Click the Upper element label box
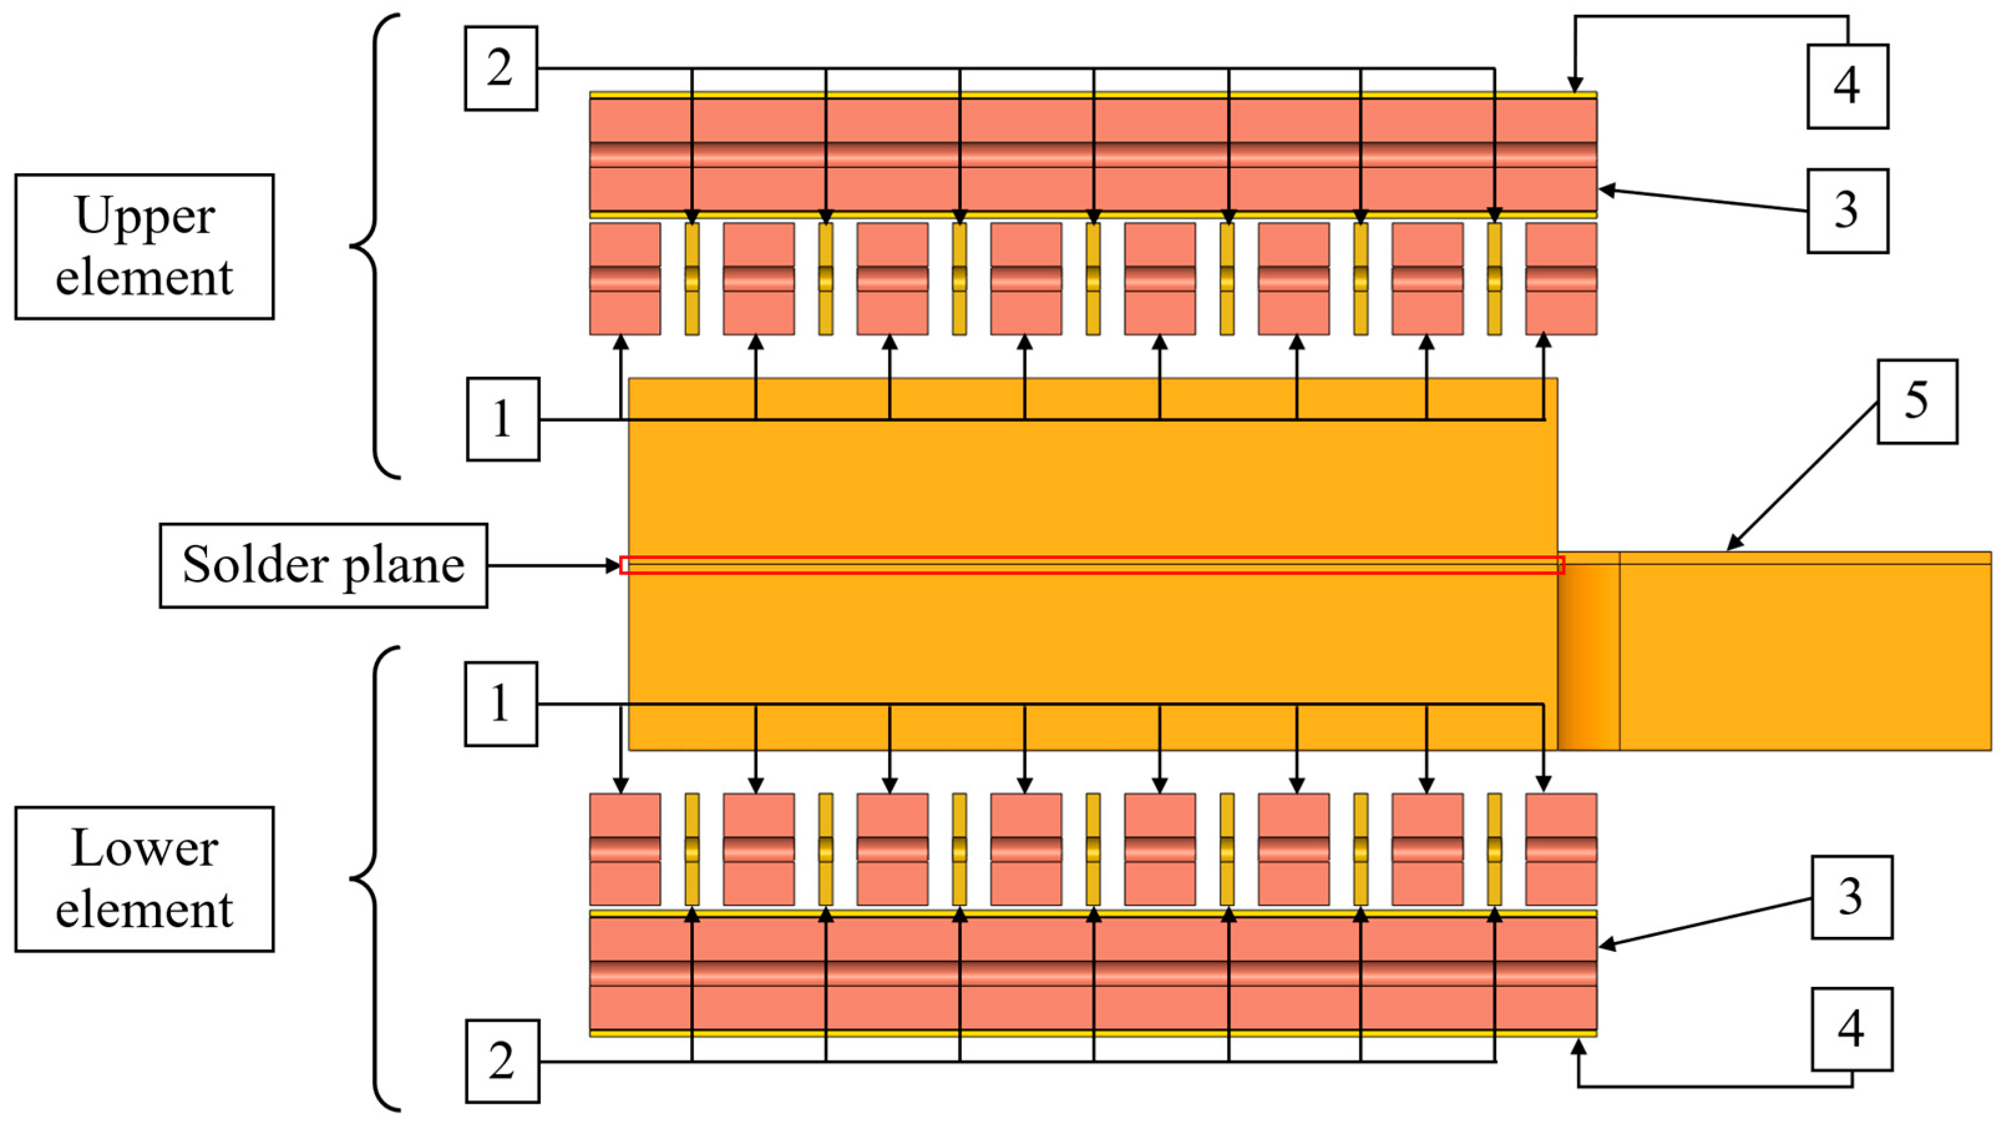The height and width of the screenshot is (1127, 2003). point(144,247)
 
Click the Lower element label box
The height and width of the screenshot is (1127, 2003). point(144,879)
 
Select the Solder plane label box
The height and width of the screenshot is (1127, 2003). point(323,566)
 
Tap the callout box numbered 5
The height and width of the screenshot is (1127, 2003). point(1916,401)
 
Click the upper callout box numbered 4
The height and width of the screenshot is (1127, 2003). point(1847,87)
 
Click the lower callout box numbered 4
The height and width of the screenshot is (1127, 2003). point(1852,1029)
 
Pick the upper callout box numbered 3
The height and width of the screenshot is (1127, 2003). point(1847,211)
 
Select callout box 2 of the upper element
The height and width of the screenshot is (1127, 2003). point(501,69)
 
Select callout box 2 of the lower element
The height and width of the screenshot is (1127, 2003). point(502,1061)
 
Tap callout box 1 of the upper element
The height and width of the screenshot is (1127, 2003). point(502,419)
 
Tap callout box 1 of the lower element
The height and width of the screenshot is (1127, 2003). point(501,704)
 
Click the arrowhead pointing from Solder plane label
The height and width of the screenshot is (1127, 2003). point(614,566)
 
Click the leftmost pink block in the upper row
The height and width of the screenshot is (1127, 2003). point(625,278)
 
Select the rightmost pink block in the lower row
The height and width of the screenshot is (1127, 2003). point(1561,849)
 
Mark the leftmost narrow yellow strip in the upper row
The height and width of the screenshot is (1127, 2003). point(691,278)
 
